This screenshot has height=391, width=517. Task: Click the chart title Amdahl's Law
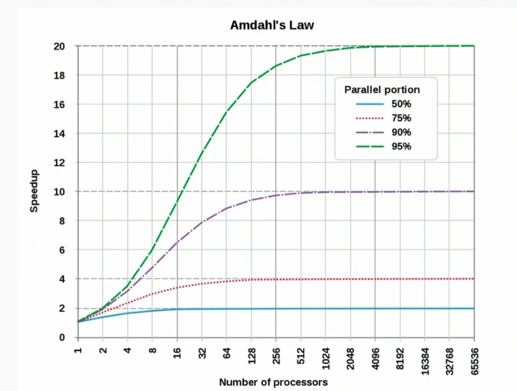[x=272, y=25]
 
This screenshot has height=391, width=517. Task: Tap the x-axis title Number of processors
[x=273, y=382]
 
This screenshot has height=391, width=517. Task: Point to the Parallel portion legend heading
[x=382, y=89]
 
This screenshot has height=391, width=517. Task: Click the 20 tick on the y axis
[x=60, y=46]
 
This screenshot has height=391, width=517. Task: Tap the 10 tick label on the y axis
[x=60, y=192]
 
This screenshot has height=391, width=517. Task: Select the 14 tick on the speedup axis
[x=60, y=133]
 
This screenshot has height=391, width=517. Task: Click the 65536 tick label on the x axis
[x=474, y=359]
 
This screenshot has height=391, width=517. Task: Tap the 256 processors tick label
[x=276, y=354]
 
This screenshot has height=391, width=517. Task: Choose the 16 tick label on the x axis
[x=177, y=352]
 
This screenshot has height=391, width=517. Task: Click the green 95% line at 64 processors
[x=226, y=112]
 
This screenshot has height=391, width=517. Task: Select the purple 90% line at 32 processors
[x=202, y=222]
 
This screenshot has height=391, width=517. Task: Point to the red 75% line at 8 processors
[x=152, y=294]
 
